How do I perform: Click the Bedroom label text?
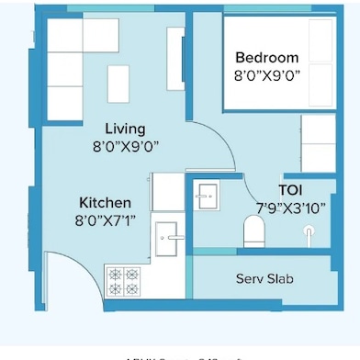pos(267,56)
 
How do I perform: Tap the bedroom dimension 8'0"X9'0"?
pos(267,73)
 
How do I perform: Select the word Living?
pos(125,129)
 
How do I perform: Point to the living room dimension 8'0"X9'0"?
pos(125,146)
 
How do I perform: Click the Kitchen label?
pos(105,202)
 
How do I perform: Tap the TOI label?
pos(291,190)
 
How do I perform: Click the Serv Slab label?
pos(264,278)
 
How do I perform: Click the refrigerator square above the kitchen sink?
pos(168,191)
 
